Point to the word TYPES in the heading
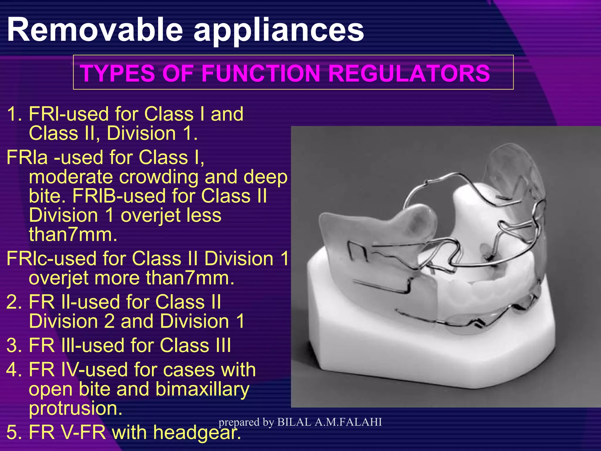(x=117, y=73)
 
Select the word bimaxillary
(x=202, y=389)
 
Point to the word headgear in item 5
(x=196, y=433)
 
